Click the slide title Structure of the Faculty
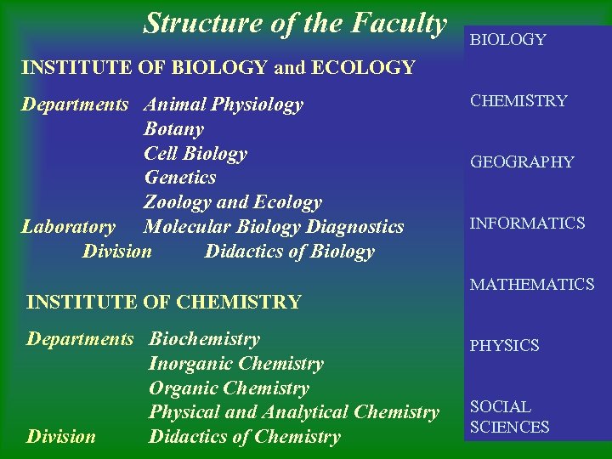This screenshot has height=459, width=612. click(295, 23)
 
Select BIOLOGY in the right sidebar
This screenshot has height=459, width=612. click(508, 40)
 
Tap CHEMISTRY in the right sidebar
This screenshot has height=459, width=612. click(518, 101)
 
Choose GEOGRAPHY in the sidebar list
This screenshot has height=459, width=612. click(522, 162)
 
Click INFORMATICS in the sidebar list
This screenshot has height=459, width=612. click(527, 224)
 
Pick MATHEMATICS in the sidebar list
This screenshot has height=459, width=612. click(532, 285)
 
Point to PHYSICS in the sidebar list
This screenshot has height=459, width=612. click(504, 346)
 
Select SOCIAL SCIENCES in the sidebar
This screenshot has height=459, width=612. click(510, 417)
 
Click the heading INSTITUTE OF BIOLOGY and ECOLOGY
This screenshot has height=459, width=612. click(218, 67)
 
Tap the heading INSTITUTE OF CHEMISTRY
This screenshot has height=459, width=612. click(164, 302)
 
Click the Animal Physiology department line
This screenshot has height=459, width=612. click(224, 105)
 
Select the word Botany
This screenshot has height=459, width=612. click(173, 129)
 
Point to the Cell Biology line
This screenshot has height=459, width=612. click(195, 154)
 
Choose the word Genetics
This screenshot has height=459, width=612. click(180, 178)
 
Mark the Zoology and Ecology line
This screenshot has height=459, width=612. click(233, 202)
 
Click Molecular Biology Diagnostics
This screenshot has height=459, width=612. click(274, 227)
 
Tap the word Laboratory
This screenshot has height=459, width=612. click(68, 227)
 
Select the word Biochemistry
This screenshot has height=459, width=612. click(204, 339)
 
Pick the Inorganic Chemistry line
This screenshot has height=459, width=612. click(236, 364)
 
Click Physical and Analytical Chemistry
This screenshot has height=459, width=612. click(294, 412)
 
